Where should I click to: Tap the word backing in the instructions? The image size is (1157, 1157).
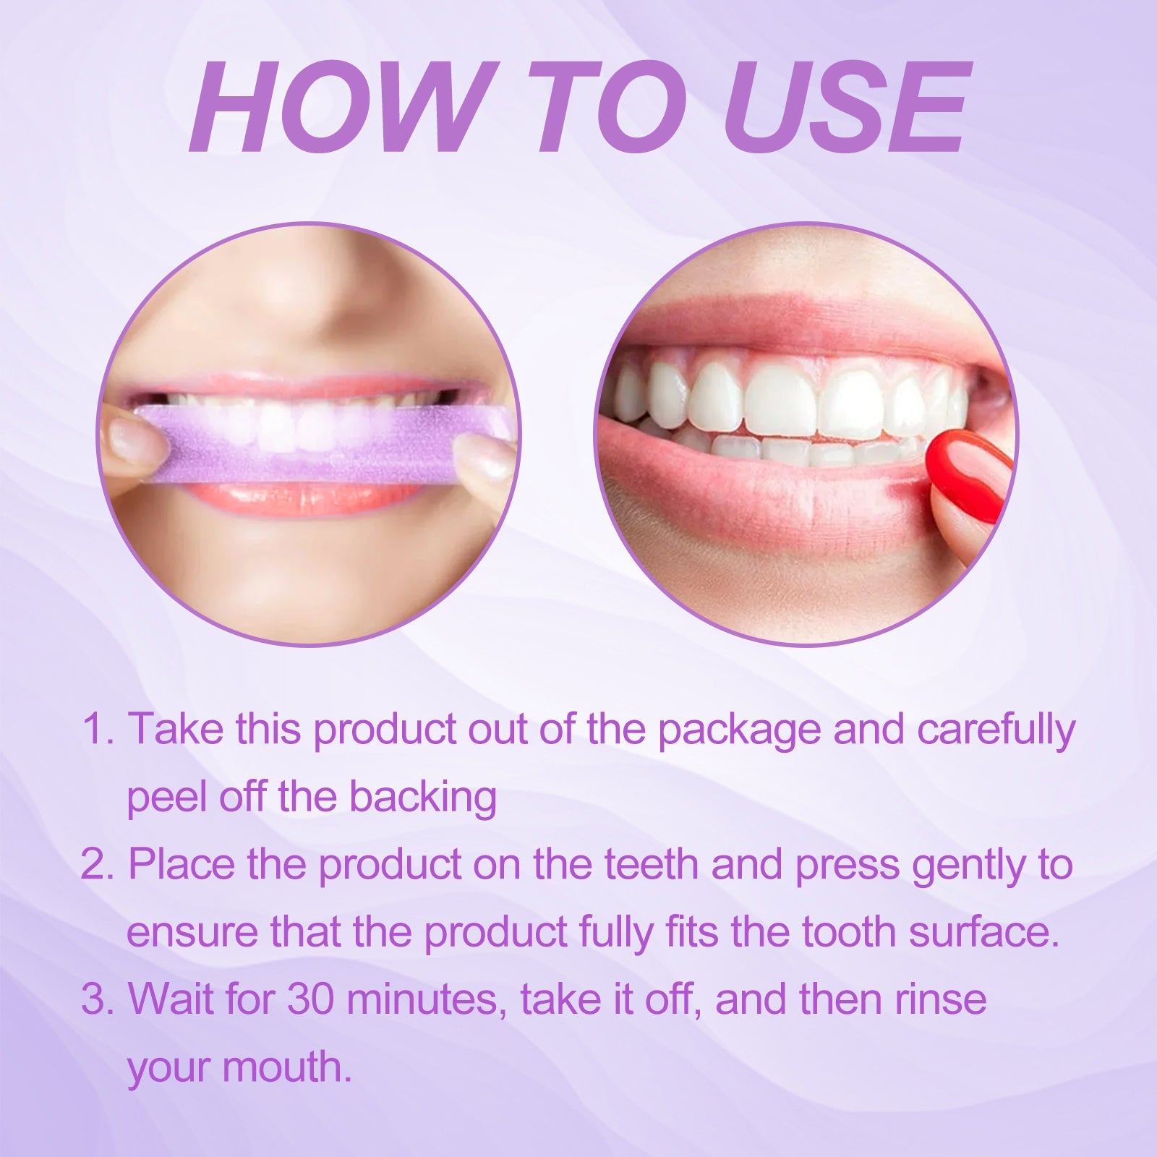click(x=422, y=796)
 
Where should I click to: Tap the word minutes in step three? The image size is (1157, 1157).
click(x=427, y=999)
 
